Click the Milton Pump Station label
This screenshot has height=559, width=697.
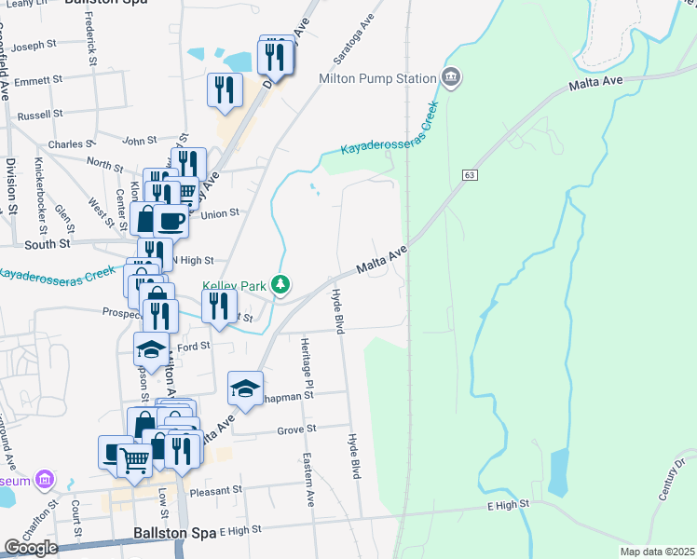click(x=377, y=78)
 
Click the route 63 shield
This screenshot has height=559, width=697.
click(x=469, y=174)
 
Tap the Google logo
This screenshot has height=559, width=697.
click(x=31, y=548)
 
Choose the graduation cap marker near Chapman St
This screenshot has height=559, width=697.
click(x=244, y=388)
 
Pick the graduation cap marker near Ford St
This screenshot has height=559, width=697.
click(x=151, y=348)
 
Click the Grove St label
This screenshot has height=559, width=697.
click(x=297, y=429)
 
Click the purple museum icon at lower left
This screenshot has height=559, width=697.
click(x=43, y=480)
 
